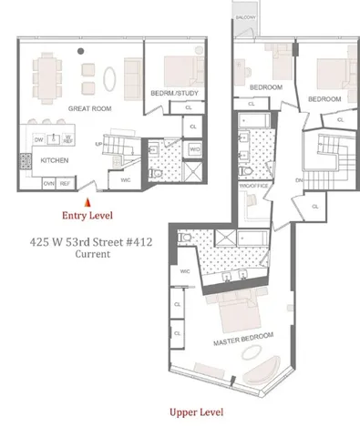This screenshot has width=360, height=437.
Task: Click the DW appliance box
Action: [39, 140]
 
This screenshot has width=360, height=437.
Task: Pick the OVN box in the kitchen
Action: [48, 183]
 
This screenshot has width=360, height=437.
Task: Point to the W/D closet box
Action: [196, 148]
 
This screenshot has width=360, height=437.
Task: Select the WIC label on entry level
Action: [125, 179]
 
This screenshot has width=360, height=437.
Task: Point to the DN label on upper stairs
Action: [298, 180]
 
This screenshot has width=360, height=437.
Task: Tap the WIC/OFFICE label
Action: [250, 186]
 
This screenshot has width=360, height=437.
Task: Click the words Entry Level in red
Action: [87, 216]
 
